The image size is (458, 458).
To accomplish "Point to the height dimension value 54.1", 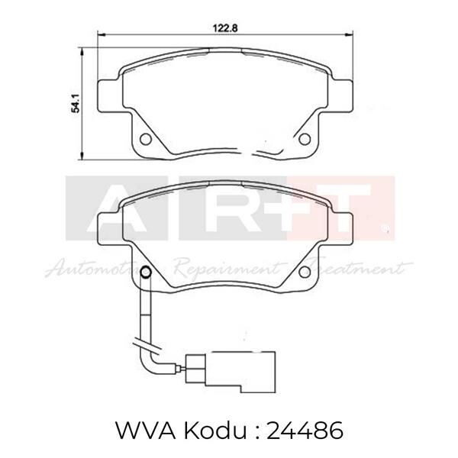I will tap(76, 102).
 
